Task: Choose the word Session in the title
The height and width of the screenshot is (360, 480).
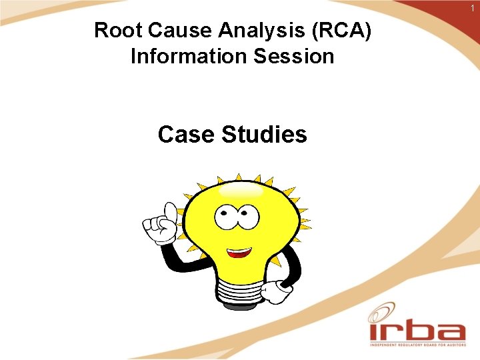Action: point(291,56)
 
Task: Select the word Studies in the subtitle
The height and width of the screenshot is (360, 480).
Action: point(265,135)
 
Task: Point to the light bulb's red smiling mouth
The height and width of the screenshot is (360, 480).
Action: point(239,253)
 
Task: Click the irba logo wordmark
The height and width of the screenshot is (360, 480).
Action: point(417,331)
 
